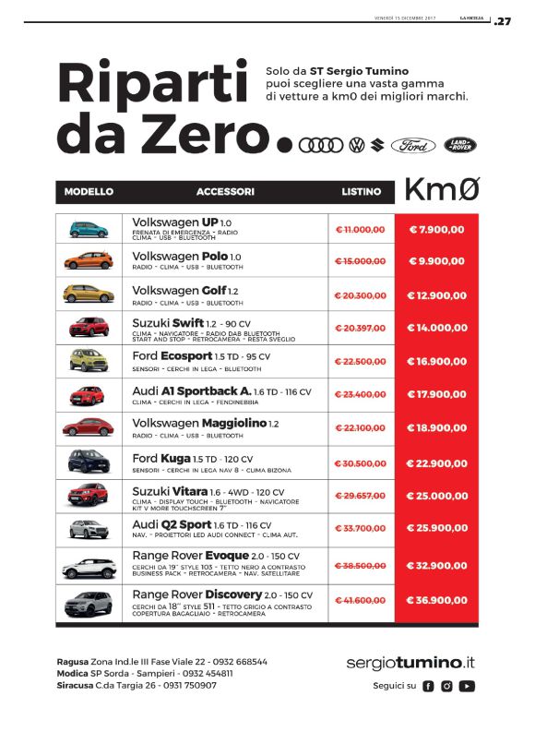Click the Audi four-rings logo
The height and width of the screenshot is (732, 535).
(x=323, y=145)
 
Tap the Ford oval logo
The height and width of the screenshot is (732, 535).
(x=413, y=145)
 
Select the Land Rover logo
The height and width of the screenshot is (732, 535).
(x=461, y=145)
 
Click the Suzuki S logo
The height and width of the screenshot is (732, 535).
(x=376, y=145)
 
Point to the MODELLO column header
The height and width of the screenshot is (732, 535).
(x=89, y=192)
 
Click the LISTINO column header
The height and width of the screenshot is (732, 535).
(x=361, y=192)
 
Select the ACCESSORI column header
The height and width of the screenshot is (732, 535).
(x=225, y=192)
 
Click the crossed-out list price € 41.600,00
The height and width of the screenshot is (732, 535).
(x=360, y=601)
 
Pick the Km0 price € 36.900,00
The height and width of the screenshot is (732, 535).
(x=436, y=601)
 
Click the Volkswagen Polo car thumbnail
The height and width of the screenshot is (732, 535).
(x=88, y=261)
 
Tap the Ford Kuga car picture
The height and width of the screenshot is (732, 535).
(x=88, y=462)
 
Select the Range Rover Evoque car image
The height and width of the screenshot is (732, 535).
(x=88, y=566)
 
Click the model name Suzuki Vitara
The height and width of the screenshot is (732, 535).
(x=170, y=492)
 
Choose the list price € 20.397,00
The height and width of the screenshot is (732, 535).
(x=360, y=328)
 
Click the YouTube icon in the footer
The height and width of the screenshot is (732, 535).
(x=468, y=686)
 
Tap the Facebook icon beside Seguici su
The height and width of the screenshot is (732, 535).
(x=427, y=686)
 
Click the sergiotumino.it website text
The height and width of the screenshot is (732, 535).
(x=410, y=662)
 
